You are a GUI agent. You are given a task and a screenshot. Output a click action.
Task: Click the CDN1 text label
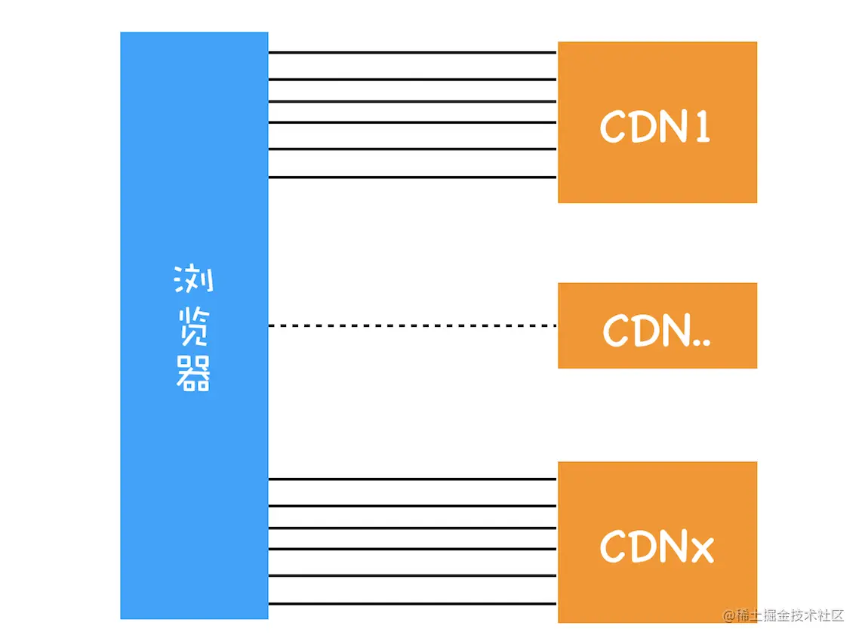click(x=655, y=127)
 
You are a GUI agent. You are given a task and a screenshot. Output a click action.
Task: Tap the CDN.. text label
click(x=657, y=330)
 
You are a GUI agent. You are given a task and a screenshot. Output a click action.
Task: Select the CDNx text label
click(x=657, y=547)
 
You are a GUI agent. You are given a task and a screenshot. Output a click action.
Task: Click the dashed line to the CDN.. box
click(x=412, y=325)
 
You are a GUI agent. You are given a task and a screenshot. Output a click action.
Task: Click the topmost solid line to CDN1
click(x=412, y=53)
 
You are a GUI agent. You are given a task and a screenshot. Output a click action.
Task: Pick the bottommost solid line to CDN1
click(x=412, y=177)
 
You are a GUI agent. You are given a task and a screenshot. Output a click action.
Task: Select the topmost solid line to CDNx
click(x=412, y=479)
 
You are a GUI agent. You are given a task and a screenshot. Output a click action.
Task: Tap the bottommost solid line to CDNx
click(x=412, y=603)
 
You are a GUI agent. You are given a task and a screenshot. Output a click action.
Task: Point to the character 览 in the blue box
click(x=194, y=328)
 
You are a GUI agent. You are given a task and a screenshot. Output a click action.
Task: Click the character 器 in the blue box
click(x=194, y=374)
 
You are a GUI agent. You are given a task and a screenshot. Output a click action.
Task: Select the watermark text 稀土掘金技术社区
click(x=790, y=615)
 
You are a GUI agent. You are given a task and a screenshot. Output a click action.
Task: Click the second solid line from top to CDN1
click(x=412, y=79)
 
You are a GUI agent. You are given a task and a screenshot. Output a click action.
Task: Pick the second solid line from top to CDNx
click(x=412, y=505)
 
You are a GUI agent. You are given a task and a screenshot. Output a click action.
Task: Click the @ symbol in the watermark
click(x=729, y=615)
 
